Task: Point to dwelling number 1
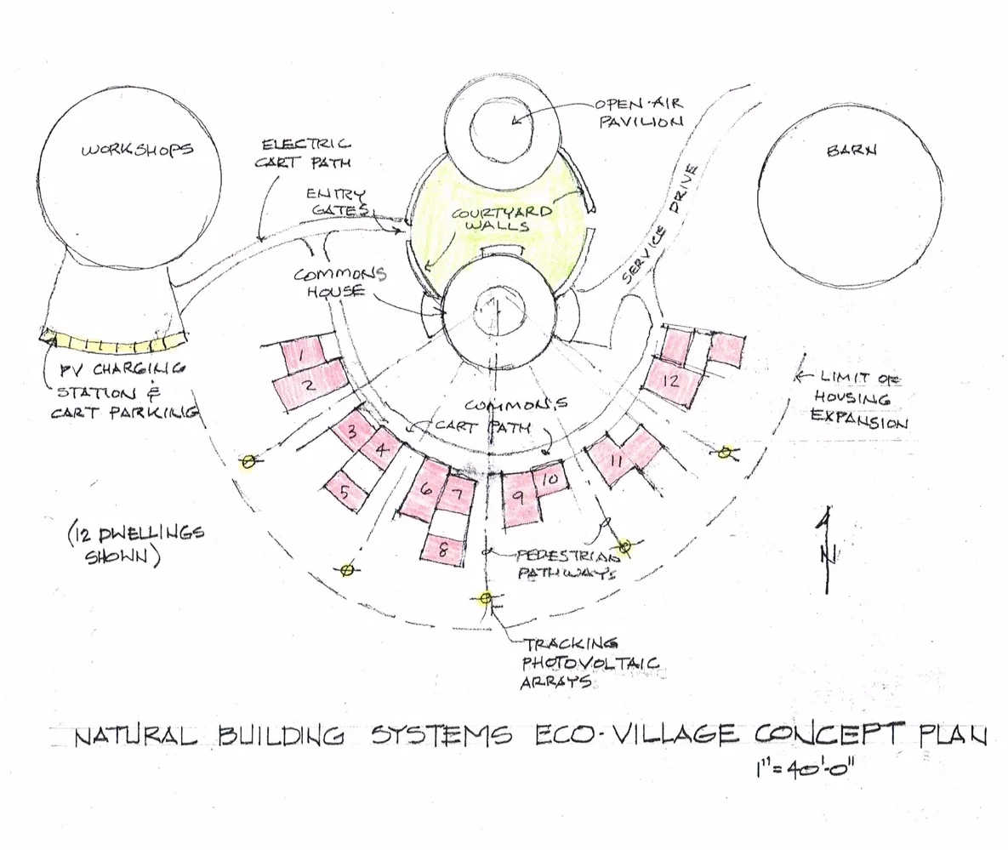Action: point(301,350)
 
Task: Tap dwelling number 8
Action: point(445,550)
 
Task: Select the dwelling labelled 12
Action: point(672,380)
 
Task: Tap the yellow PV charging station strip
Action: point(115,344)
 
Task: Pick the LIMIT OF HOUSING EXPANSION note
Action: point(858,398)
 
